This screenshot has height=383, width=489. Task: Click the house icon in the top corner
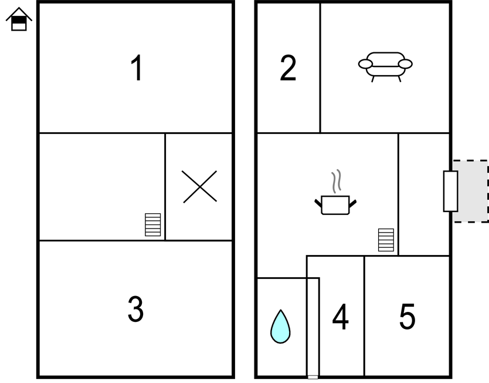(19, 19)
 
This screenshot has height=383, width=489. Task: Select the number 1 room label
(136, 68)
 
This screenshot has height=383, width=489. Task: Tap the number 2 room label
(288, 68)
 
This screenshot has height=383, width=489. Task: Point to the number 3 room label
(135, 309)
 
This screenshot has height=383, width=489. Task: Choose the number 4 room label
(340, 316)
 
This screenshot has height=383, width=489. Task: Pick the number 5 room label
(407, 316)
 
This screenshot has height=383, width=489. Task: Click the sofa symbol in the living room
(385, 67)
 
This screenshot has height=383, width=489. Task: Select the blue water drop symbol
(280, 327)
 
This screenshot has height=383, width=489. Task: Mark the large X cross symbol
(199, 186)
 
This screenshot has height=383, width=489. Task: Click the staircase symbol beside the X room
(153, 224)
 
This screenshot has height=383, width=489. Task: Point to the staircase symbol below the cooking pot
(386, 240)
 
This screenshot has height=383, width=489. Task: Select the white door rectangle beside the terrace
(451, 191)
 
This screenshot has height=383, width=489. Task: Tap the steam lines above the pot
(336, 181)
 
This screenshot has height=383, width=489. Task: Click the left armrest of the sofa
(365, 64)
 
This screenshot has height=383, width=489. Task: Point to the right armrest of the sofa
(405, 64)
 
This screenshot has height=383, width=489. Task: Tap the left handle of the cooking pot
(318, 203)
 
